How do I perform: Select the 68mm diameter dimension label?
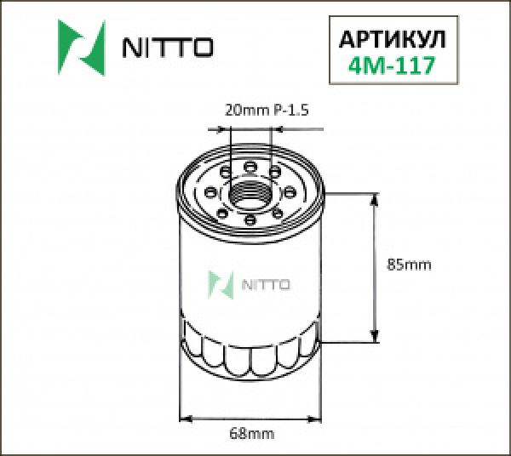pyautogui.click(x=253, y=434)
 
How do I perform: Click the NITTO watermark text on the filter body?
pyautogui.click(x=267, y=284)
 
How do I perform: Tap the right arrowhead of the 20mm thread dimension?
pyautogui.click(x=278, y=130)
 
